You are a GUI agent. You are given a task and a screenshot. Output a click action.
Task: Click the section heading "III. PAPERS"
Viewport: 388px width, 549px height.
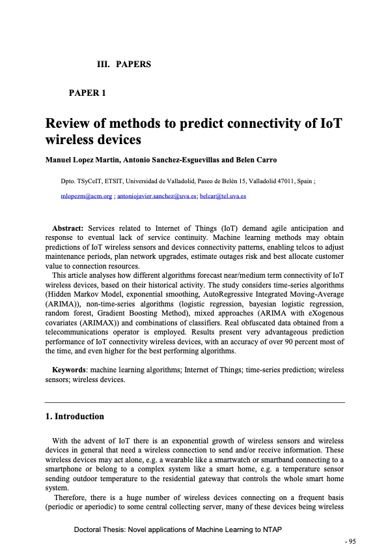click(124, 65)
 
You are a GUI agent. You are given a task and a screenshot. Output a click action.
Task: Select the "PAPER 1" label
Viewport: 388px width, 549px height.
click(87, 93)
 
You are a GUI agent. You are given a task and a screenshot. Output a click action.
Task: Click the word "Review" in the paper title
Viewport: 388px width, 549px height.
click(70, 124)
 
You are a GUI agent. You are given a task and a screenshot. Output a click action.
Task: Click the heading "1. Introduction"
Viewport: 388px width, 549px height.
click(74, 416)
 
